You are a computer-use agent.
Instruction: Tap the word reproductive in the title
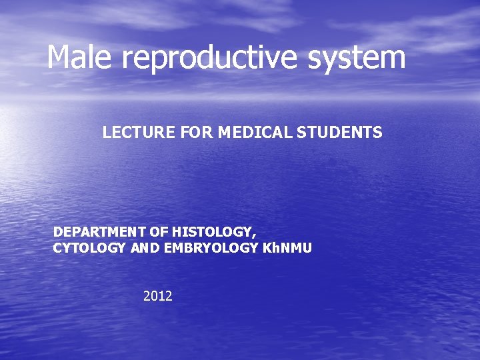pyautogui.click(x=211, y=58)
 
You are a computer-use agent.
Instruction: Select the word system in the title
pyautogui.click(x=357, y=58)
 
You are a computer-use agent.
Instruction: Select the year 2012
pyautogui.click(x=158, y=295)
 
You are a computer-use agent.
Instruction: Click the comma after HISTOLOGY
pyautogui.click(x=253, y=235)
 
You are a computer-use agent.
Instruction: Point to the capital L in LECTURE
pyautogui.click(x=107, y=133)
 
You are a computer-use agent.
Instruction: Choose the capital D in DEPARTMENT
pyautogui.click(x=58, y=232)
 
